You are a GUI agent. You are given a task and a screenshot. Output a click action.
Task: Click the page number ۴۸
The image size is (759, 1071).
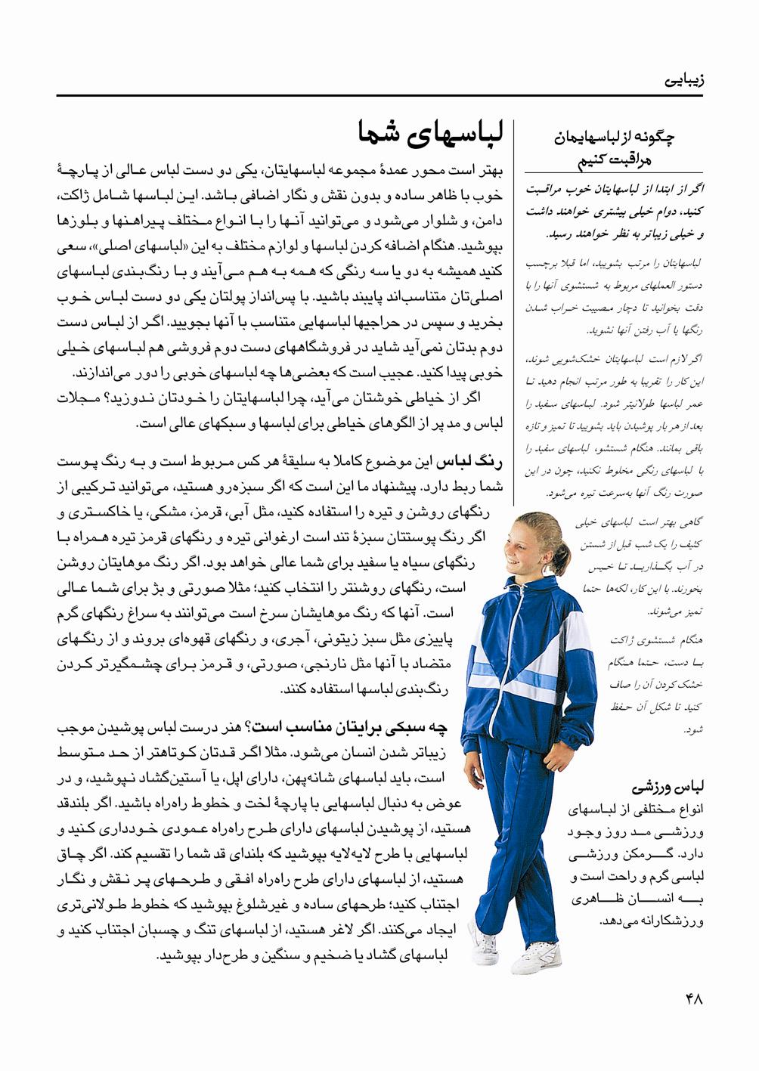tap(694, 998)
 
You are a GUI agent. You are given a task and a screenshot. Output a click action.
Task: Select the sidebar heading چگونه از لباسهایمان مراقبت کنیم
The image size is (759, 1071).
tap(614, 147)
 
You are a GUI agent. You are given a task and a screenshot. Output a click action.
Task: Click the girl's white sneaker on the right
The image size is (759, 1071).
tap(539, 958)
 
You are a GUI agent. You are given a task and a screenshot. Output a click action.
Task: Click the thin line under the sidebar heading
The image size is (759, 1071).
tap(614, 174)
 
